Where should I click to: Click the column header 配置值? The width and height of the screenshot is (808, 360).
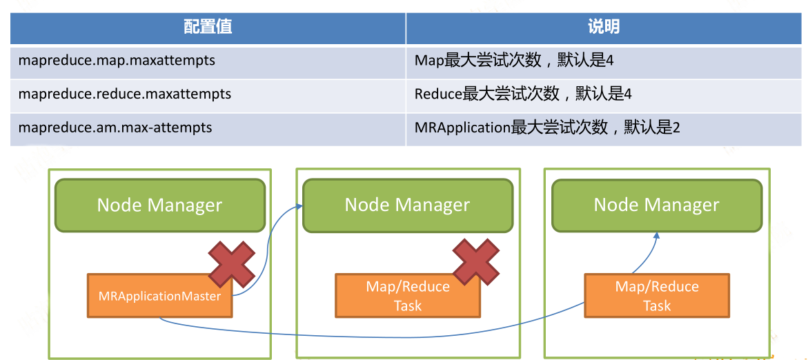208,28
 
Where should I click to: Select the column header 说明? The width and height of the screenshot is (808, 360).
604,28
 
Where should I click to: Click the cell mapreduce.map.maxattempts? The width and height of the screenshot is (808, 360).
117,61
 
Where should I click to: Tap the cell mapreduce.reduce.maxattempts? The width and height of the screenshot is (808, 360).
125,94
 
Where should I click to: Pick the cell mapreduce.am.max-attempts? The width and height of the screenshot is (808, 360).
115,127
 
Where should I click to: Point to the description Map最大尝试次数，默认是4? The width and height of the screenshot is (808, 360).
514,61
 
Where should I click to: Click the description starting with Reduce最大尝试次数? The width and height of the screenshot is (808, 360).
522,94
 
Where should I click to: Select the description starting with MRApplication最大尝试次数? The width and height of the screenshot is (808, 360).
547,127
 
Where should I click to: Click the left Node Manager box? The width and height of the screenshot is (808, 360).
160,205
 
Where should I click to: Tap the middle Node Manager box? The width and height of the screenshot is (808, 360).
407,205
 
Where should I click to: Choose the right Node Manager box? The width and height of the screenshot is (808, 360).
656,205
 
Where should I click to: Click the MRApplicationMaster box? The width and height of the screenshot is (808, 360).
160,296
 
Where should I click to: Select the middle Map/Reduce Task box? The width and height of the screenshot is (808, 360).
408,296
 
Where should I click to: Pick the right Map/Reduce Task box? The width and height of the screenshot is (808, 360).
657,296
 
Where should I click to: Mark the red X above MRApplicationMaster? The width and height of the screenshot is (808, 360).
232,263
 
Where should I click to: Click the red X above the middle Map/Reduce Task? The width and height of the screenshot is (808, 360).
475,261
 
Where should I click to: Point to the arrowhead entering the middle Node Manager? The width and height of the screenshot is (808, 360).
298,207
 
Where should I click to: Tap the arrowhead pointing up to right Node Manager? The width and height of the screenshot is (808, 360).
657,236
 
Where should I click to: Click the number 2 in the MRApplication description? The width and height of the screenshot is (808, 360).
676,128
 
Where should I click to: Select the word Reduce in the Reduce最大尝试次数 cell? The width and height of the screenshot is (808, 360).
438,94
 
